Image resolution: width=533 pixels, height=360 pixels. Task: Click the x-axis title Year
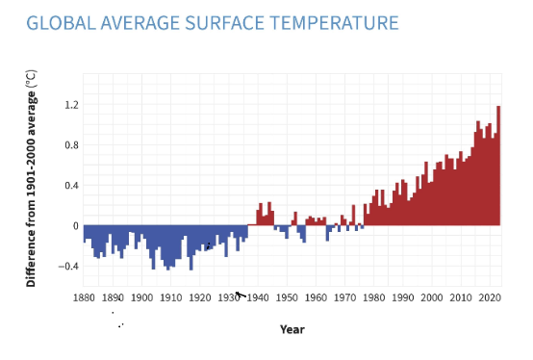[292, 329]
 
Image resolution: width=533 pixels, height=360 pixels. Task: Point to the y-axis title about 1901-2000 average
[31, 178]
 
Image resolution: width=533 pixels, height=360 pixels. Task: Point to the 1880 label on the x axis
[85, 297]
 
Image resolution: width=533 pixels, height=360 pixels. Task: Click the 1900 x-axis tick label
[142, 297]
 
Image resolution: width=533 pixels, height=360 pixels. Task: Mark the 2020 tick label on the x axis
[490, 297]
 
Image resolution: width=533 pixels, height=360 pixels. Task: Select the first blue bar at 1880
[85, 233]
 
